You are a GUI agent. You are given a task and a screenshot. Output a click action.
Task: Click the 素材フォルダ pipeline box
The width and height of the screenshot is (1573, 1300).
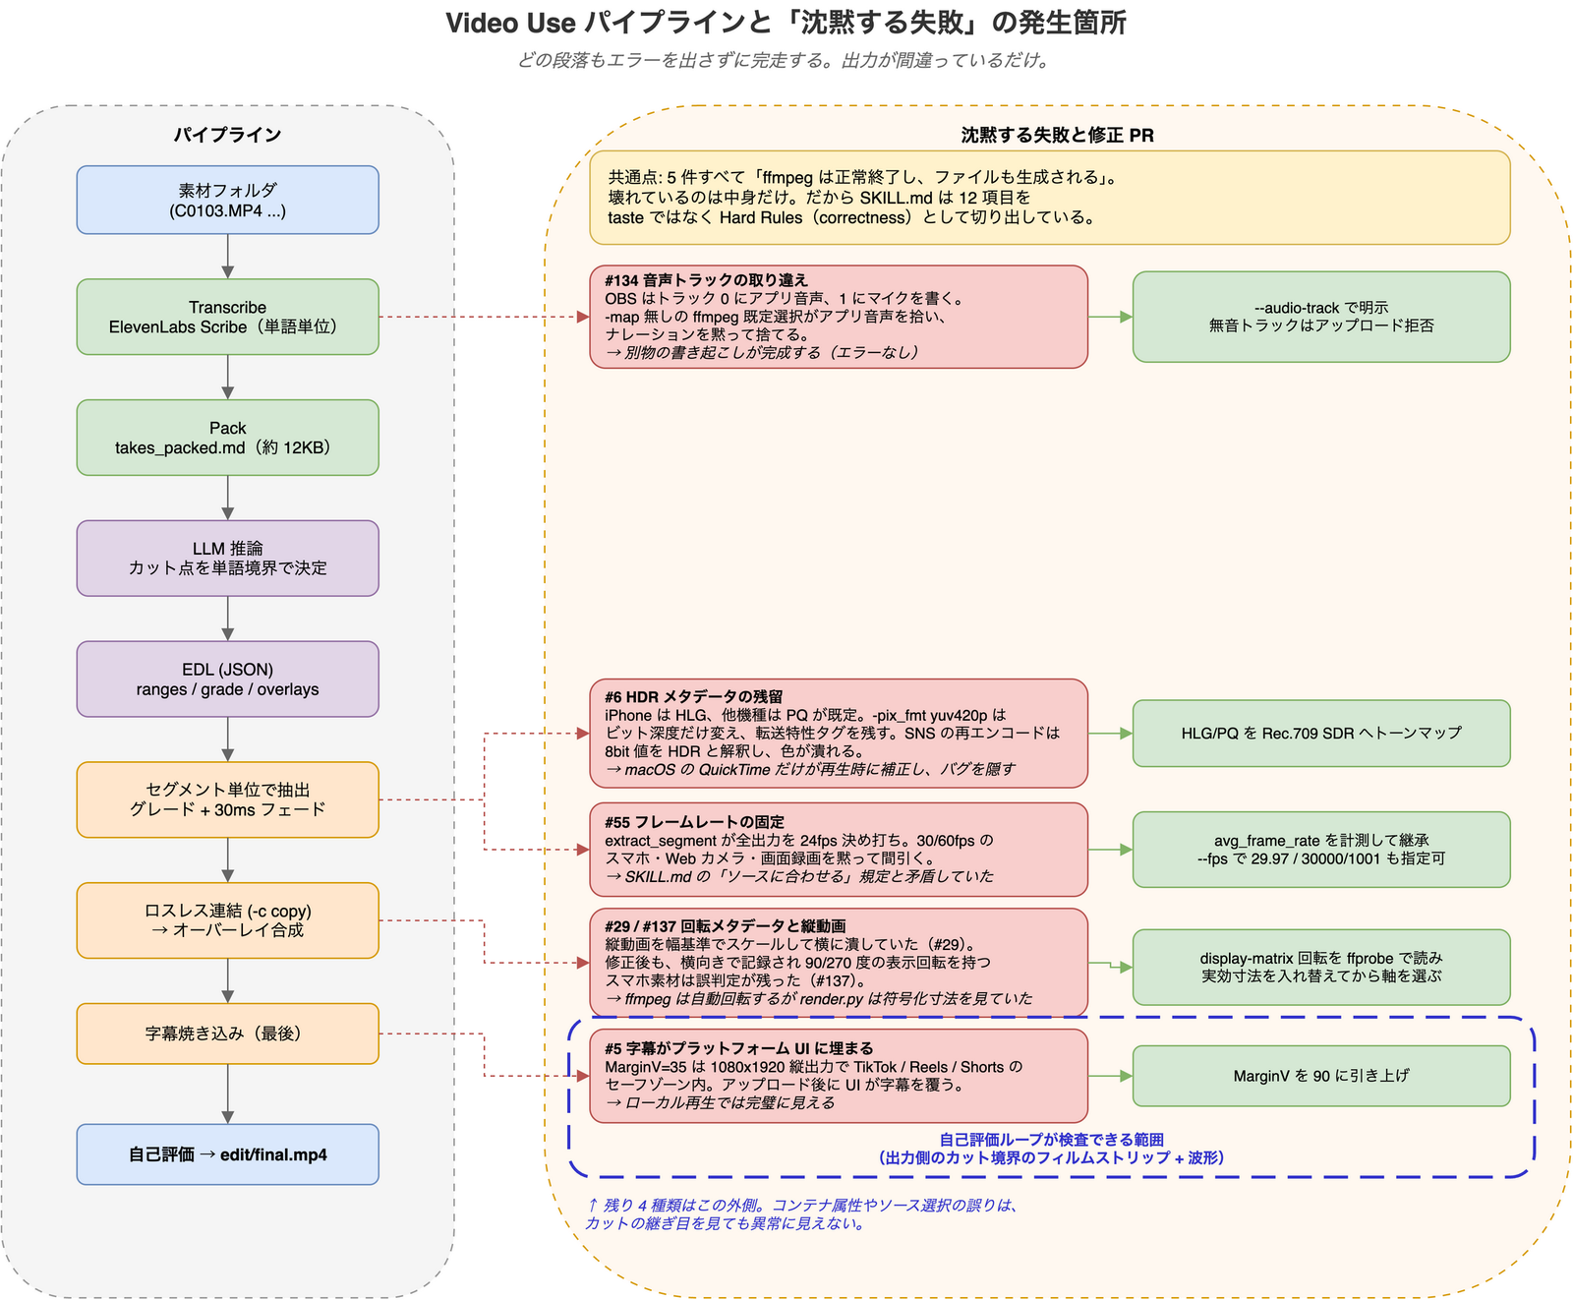click(227, 200)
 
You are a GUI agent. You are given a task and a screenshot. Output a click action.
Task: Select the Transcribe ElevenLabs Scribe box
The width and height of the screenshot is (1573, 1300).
click(227, 317)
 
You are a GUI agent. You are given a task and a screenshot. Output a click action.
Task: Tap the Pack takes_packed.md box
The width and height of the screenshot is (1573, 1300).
click(227, 438)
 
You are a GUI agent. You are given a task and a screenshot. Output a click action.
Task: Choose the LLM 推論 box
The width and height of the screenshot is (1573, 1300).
click(227, 559)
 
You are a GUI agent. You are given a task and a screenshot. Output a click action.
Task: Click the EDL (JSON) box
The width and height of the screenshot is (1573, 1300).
click(227, 680)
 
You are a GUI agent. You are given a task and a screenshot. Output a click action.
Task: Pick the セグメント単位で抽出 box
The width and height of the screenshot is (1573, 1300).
click(227, 799)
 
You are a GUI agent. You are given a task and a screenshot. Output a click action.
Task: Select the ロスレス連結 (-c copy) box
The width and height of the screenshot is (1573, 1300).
click(227, 920)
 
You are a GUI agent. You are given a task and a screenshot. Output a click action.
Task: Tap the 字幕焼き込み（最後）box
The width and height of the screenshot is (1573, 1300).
click(227, 1034)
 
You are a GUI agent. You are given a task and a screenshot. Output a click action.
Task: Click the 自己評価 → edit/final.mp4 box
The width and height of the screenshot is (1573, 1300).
click(227, 1154)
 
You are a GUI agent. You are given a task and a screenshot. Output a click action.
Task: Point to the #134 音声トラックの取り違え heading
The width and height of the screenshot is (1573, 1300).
click(706, 280)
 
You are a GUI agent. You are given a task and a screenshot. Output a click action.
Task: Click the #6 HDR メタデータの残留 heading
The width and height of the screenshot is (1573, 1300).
click(694, 697)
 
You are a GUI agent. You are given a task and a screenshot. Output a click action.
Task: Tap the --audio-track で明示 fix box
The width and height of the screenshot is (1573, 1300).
click(1321, 317)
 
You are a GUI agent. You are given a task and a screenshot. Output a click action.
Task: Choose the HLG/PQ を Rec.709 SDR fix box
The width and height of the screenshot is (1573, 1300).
click(1321, 734)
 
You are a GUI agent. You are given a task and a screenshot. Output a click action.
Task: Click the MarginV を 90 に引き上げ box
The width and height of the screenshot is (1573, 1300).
click(1321, 1076)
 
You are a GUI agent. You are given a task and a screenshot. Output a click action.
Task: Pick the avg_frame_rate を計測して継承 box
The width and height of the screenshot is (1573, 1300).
click(1321, 850)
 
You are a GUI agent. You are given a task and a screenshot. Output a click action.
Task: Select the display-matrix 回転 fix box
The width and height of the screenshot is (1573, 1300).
click(1321, 967)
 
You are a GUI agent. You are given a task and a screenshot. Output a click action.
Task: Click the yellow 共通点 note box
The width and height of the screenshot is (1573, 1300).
click(1050, 198)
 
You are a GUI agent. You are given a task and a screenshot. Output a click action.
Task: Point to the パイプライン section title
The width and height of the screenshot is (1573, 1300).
click(227, 135)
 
